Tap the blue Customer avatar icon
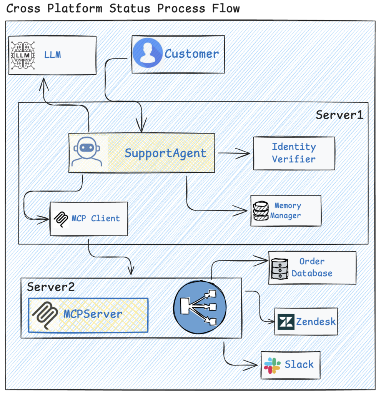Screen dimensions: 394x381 [147, 53]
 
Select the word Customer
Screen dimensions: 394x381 [192, 54]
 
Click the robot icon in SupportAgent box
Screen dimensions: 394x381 [87, 152]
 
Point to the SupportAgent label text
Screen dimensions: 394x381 [165, 153]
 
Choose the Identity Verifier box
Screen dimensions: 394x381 [294, 153]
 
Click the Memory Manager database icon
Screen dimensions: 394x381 [261, 211]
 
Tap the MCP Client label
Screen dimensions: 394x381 [96, 218]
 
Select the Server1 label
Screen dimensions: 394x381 [339, 115]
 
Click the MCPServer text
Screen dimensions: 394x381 [93, 314]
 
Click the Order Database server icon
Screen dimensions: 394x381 [280, 268]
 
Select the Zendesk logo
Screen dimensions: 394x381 [286, 321]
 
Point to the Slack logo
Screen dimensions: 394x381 [272, 365]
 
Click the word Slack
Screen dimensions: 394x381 [299, 364]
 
